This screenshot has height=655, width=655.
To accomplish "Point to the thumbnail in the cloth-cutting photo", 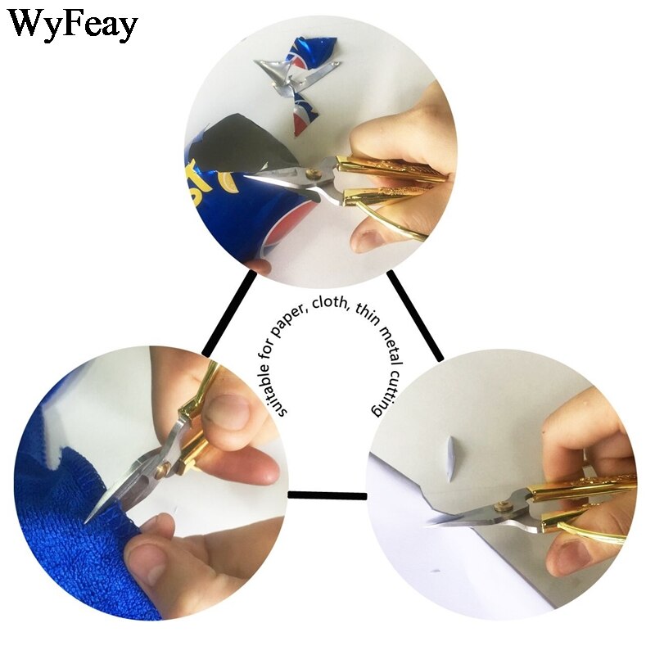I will (x=227, y=409).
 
